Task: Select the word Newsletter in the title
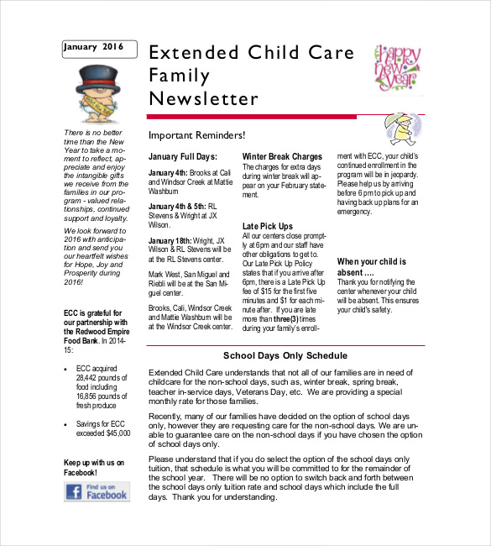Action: [x=203, y=99]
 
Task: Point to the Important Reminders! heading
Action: [x=196, y=135]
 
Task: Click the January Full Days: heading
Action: [x=183, y=156]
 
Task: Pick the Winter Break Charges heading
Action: [x=282, y=156]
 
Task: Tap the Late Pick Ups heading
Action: [x=268, y=226]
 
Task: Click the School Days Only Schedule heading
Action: [x=285, y=355]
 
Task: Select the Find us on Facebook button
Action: [x=97, y=491]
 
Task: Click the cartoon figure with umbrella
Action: [x=400, y=129]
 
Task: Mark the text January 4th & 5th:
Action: [x=176, y=205]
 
